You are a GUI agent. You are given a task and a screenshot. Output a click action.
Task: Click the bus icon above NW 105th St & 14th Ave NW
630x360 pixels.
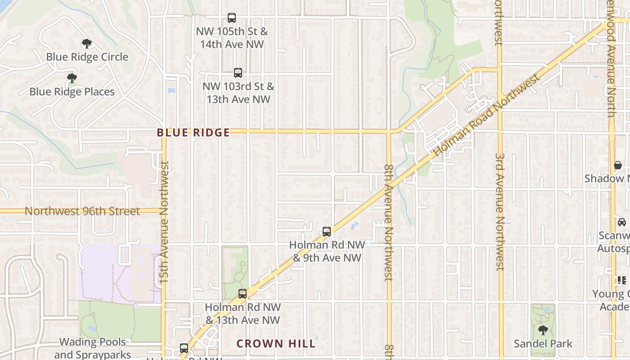[232, 18]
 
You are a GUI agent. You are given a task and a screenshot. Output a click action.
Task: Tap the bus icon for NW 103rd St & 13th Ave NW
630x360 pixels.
[238, 72]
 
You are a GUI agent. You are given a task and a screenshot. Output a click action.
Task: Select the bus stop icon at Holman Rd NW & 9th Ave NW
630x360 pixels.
[327, 232]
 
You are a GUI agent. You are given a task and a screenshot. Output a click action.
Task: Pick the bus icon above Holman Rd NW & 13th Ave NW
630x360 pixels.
[243, 294]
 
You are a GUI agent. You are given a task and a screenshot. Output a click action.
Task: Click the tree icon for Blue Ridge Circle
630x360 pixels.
[87, 44]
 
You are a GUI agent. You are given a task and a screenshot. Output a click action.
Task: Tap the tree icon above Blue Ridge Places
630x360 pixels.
[72, 78]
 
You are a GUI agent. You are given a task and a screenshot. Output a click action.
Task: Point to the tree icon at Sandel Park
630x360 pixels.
[543, 330]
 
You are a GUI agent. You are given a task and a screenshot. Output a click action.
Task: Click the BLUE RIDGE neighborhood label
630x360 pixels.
[193, 133]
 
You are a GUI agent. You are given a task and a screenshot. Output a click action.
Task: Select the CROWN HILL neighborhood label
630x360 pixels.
[276, 344]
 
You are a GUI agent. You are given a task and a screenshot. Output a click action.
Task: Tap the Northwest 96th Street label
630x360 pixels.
[82, 211]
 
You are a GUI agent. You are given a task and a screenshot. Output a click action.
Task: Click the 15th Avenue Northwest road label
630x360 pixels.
[164, 222]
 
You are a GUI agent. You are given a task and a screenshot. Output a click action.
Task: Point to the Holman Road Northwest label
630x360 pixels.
[486, 116]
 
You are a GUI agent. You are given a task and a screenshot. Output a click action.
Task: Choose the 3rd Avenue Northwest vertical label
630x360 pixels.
[500, 211]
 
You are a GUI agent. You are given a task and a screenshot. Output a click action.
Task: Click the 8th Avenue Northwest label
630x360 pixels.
[389, 222]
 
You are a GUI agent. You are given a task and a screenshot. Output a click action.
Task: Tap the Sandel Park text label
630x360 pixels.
[543, 344]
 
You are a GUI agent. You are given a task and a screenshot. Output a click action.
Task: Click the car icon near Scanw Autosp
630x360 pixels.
[621, 222]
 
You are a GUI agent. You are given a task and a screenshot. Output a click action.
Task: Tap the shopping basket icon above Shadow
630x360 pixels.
[618, 165]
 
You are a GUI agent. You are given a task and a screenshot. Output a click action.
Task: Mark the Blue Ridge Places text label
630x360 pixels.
[72, 92]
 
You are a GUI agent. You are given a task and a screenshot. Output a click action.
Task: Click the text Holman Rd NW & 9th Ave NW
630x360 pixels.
[327, 251]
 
